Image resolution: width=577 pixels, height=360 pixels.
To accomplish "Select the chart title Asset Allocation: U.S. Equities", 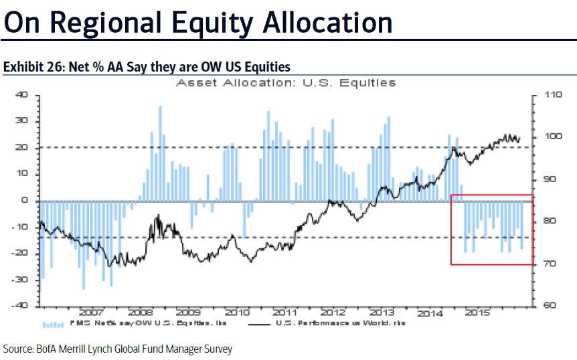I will click(x=286, y=83).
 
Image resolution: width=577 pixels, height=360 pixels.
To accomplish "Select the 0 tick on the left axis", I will click(x=25, y=200).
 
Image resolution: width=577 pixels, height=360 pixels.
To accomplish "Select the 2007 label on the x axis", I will click(x=91, y=312).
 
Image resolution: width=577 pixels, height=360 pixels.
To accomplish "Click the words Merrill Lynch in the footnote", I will click(x=98, y=349).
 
